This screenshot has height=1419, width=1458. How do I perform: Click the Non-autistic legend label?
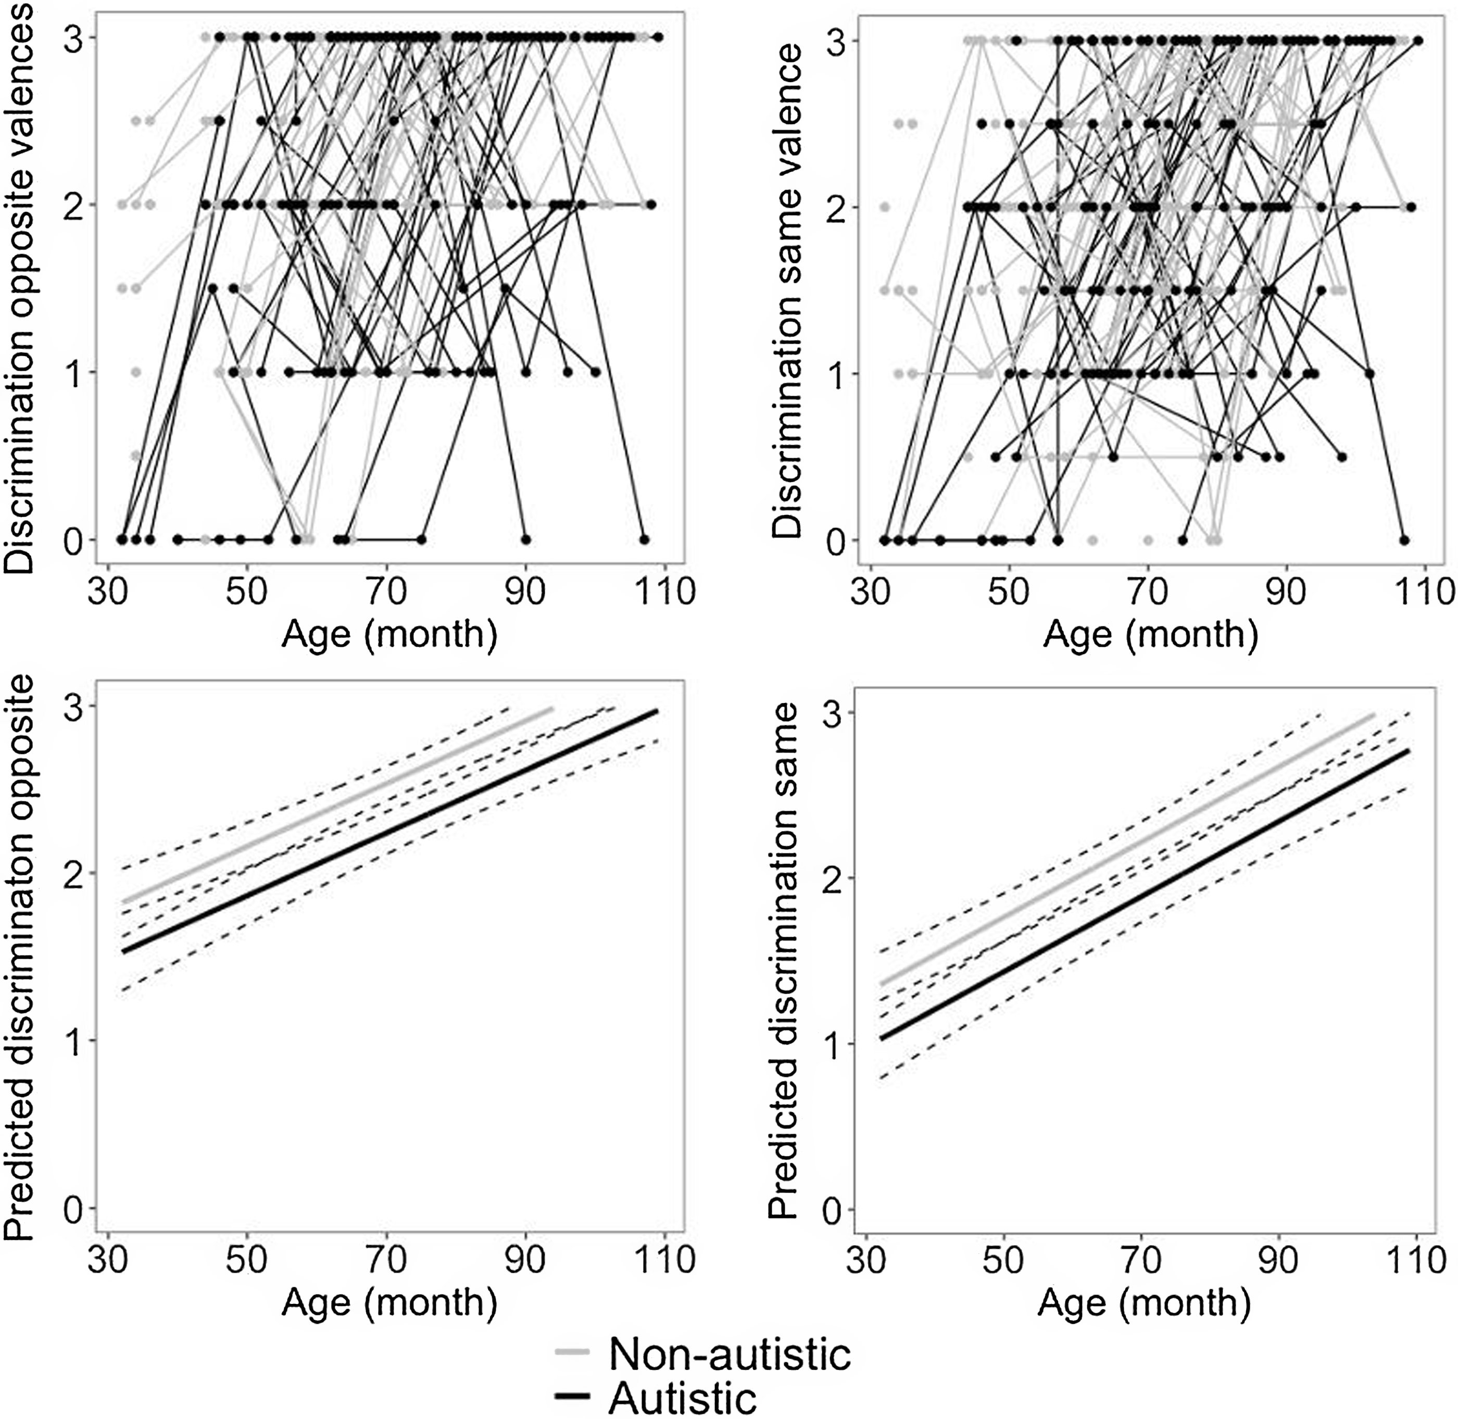click(729, 1353)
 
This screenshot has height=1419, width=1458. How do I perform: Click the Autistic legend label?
click(683, 1397)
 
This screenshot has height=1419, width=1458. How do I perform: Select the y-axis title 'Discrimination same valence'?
click(787, 291)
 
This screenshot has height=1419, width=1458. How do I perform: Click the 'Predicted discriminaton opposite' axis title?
click(21, 958)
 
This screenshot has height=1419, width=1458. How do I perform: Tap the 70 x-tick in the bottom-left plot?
click(386, 1260)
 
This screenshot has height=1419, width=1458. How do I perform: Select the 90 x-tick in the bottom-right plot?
click(1278, 1260)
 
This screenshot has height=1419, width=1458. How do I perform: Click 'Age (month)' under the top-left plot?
click(389, 635)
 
